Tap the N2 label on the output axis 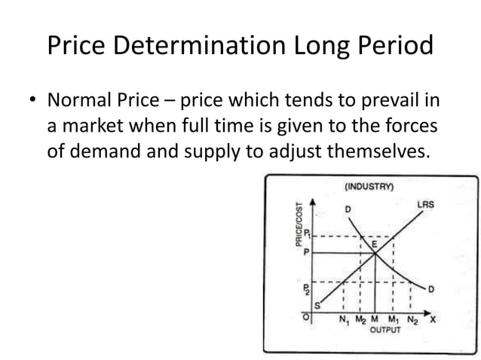click(x=412, y=319)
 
